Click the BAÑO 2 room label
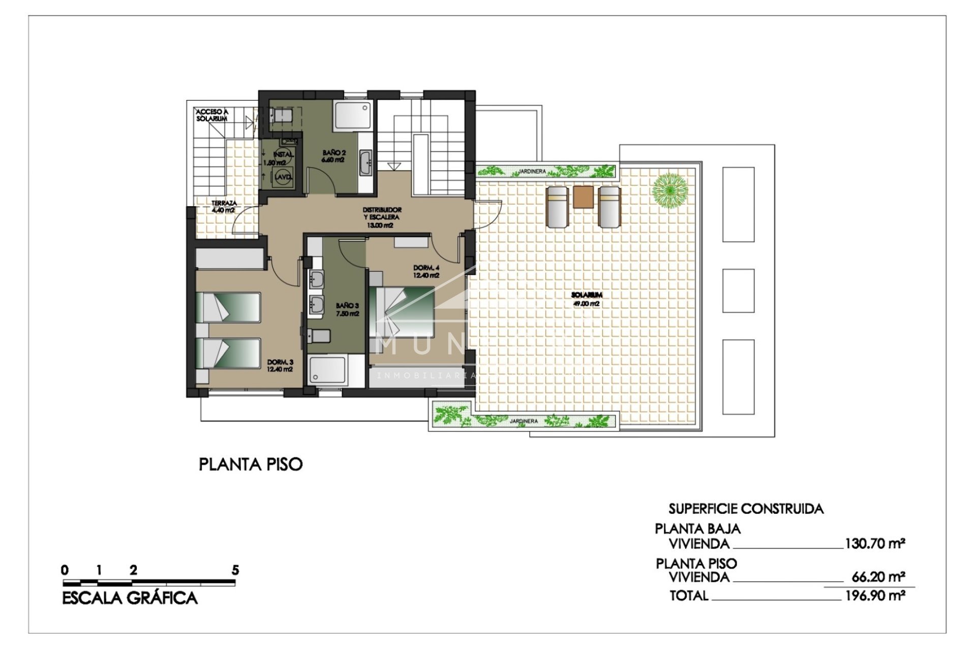click(x=333, y=156)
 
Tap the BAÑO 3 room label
click(x=347, y=309)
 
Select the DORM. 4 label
click(x=426, y=271)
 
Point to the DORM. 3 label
click(x=280, y=366)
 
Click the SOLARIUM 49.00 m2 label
click(x=587, y=299)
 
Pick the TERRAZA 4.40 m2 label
click(x=224, y=206)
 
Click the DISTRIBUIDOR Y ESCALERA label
click(x=382, y=217)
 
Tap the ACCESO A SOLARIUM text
click(x=212, y=115)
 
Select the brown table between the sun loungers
click(x=583, y=197)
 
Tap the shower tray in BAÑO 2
click(x=353, y=115)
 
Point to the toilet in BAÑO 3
click(x=319, y=336)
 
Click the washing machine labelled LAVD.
click(x=282, y=177)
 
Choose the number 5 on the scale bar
click(x=235, y=570)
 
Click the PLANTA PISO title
click(x=251, y=464)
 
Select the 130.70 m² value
click(x=875, y=544)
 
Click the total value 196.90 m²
click(x=875, y=595)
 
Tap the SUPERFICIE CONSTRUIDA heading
click(x=746, y=509)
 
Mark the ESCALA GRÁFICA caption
click(x=130, y=598)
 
